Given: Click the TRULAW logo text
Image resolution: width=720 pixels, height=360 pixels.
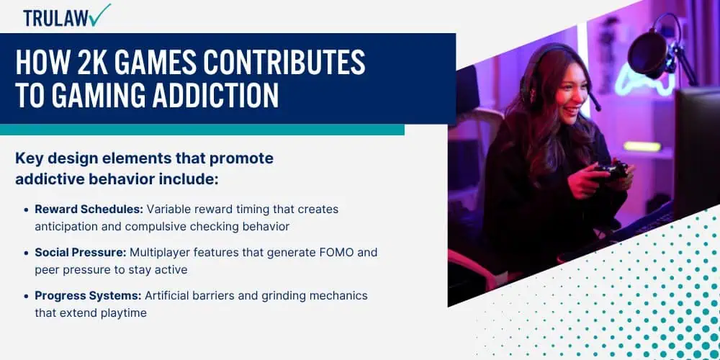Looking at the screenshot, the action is point(56,19).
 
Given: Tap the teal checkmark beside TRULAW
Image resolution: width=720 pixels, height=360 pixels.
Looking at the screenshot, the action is point(100,14).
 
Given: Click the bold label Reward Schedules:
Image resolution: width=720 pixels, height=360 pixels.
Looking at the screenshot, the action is point(89,210).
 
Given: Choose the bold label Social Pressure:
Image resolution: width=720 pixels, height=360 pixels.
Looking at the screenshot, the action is point(81,253).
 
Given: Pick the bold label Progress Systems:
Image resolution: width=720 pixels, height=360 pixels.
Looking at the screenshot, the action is point(88,296).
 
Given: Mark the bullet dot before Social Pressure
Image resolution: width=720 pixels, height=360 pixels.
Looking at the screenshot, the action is point(26,253).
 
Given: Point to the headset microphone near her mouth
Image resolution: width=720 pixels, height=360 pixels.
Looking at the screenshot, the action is point(595,102).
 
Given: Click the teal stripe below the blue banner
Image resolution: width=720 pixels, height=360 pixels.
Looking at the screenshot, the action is point(202,130).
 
